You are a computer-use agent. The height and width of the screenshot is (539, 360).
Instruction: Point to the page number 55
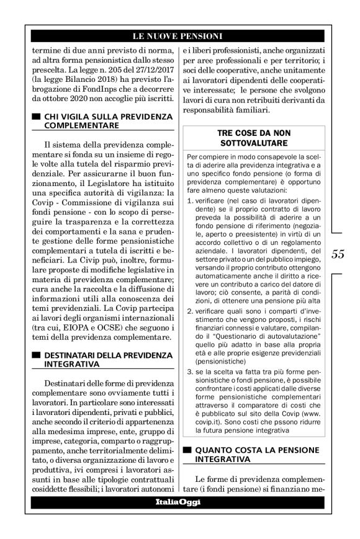tap(338, 254)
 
